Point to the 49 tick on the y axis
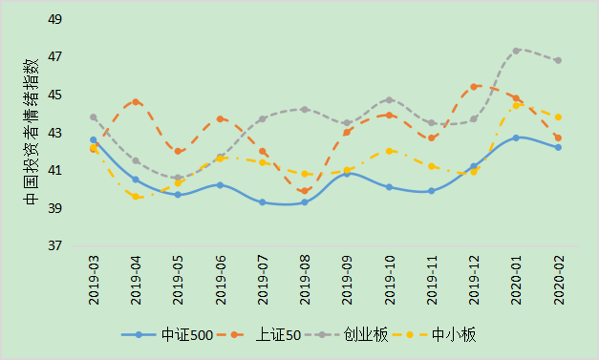54,20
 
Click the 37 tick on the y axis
54,246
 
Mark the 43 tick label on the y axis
54,134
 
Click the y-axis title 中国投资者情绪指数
31,134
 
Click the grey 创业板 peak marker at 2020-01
516,51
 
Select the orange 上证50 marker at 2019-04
136,101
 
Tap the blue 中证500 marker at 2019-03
94,139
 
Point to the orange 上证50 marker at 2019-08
305,191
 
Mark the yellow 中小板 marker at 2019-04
136,196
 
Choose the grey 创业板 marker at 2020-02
558,60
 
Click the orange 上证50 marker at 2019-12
474,87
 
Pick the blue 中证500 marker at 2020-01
516,138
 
